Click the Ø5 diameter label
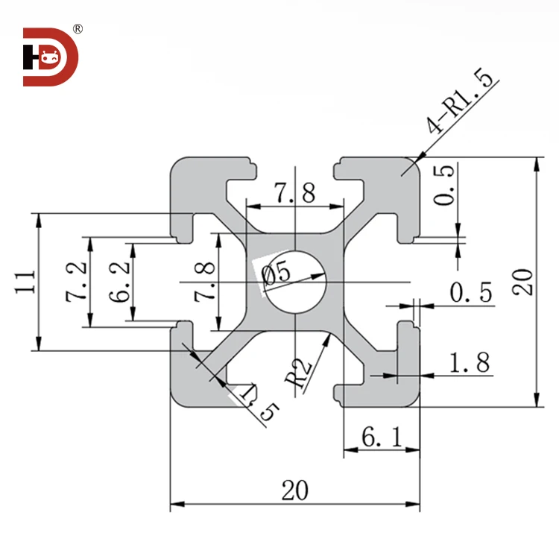(x=277, y=274)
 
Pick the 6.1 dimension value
(x=380, y=438)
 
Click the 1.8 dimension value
(x=470, y=363)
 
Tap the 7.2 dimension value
(x=77, y=282)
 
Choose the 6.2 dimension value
(x=119, y=282)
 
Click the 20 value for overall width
(x=294, y=490)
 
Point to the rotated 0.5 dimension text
(x=443, y=186)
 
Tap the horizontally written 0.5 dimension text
(x=471, y=293)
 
